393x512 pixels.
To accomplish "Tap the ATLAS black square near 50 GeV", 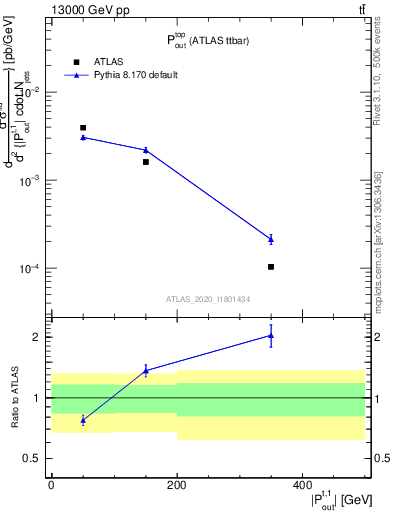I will [83, 128].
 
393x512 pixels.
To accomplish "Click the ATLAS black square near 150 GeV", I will [146, 161].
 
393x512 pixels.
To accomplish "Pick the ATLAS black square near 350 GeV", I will [271, 267].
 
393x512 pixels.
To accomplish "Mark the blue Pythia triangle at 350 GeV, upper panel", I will [271, 239].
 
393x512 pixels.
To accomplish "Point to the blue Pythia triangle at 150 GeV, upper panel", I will [146, 150].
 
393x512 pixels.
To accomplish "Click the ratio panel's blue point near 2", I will [271, 336].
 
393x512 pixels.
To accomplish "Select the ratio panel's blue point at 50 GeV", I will [83, 420].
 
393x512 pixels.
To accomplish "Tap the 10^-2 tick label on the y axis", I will [33, 92].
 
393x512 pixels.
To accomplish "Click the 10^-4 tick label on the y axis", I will [33, 269].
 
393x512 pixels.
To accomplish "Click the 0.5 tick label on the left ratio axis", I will [34, 459].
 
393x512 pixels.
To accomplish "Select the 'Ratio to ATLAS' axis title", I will [13, 398].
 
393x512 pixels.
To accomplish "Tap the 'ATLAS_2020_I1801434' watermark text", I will [208, 299].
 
